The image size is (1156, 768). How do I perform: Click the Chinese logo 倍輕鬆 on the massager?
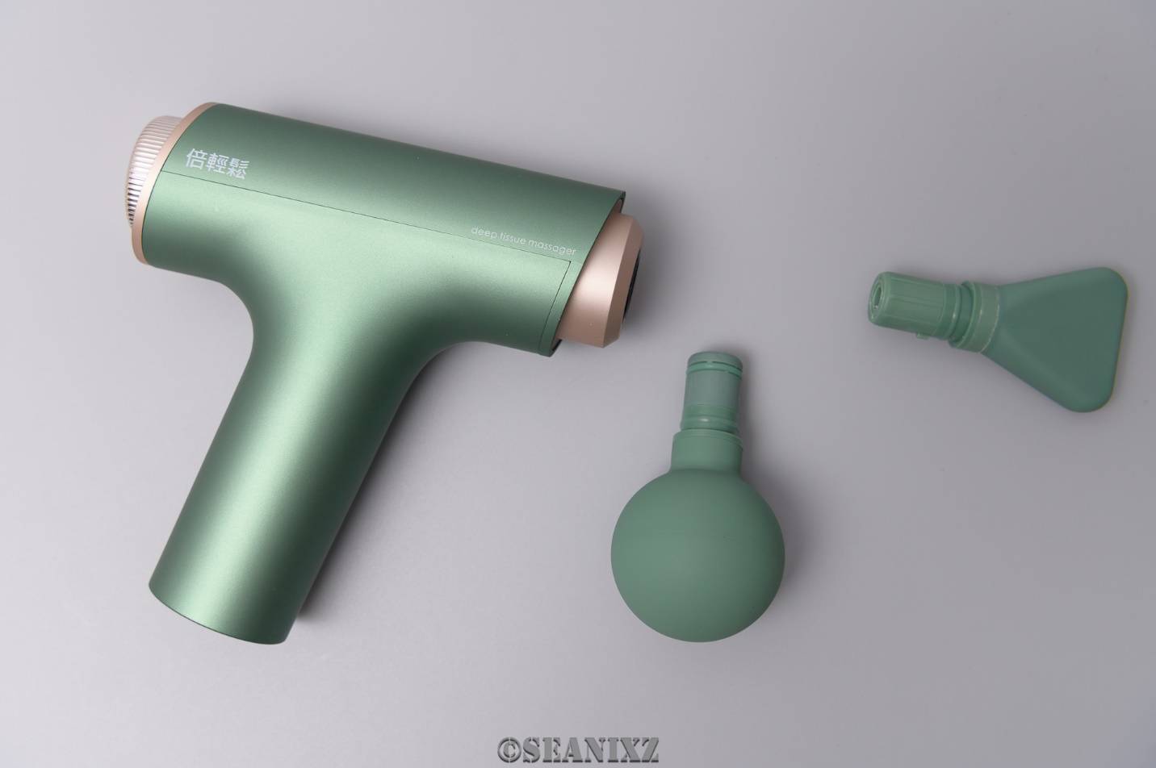[216, 165]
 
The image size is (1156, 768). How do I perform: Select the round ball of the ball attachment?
[697, 555]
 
